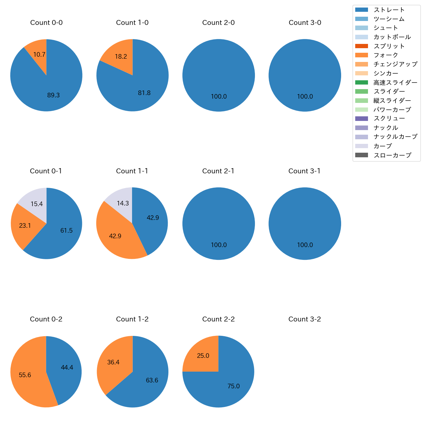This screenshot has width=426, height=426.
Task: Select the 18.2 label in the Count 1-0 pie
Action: [121, 56]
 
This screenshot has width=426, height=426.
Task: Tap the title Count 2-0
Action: [219, 23]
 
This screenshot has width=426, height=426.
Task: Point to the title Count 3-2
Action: [305, 319]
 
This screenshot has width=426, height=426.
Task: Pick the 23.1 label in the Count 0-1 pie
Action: [25, 225]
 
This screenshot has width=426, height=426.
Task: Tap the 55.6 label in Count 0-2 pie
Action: [25, 375]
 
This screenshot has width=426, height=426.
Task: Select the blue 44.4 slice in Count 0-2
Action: [66, 369]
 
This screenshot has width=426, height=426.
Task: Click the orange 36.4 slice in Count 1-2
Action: [113, 362]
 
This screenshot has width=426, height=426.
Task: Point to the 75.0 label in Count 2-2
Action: [234, 386]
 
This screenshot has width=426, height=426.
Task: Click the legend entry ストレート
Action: [389, 10]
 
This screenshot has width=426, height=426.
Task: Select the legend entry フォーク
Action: [386, 55]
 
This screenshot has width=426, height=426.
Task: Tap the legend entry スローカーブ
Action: [392, 155]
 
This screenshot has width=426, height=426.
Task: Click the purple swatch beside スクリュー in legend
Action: [362, 119]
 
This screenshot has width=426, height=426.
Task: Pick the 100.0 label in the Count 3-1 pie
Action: [305, 245]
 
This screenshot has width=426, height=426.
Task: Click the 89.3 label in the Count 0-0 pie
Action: [53, 95]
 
